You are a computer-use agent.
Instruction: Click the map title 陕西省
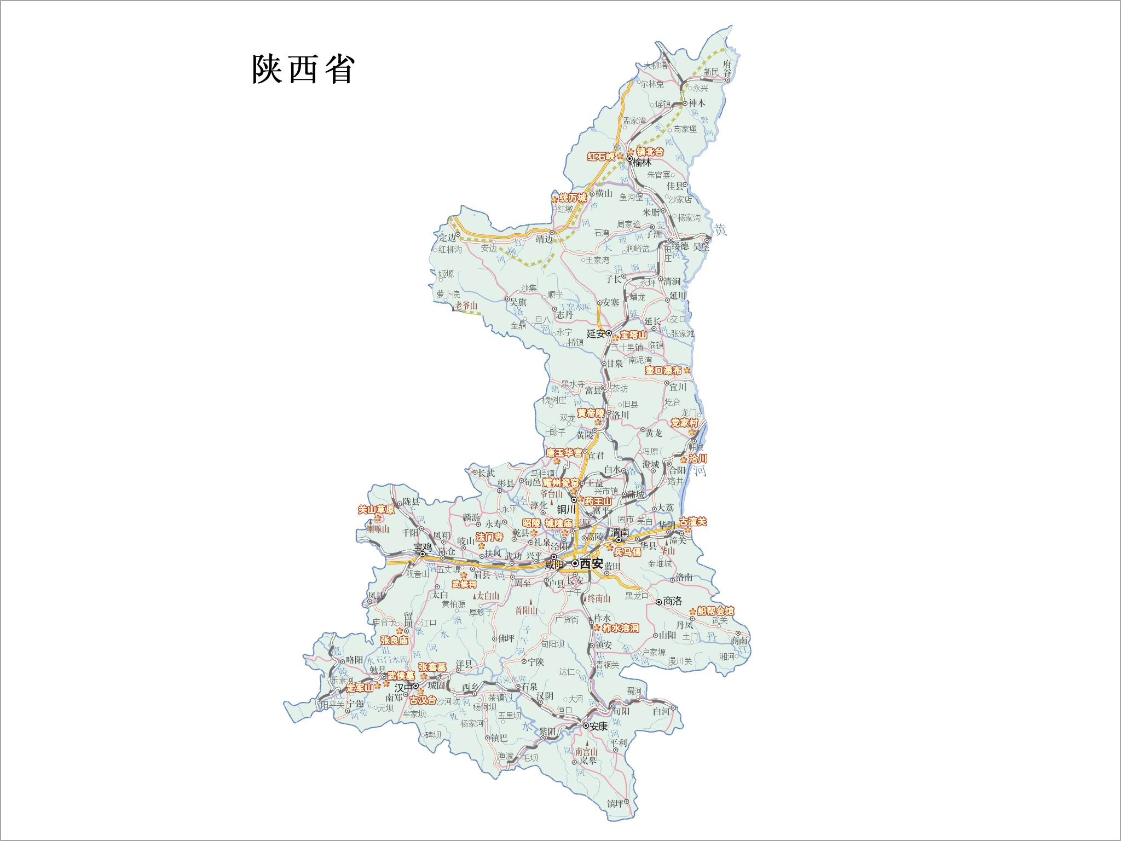[x=303, y=69]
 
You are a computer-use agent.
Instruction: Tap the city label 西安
[x=591, y=563]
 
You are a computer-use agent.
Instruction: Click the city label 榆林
[x=643, y=162]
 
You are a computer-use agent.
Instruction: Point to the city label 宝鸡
[x=423, y=547]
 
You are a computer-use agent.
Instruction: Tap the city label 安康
[x=599, y=726]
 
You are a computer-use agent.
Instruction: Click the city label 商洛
[x=672, y=601]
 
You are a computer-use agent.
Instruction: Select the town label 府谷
[x=727, y=68]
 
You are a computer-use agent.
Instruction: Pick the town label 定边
[x=448, y=238]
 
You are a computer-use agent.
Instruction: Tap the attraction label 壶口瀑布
[x=663, y=371]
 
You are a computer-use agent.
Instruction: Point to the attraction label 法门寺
[x=489, y=537]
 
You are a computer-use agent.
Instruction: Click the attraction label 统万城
[x=573, y=198]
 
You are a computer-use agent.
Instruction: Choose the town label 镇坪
[x=615, y=804]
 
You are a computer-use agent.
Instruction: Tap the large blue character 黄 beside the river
[x=720, y=230]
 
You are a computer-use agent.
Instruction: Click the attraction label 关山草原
[x=375, y=509]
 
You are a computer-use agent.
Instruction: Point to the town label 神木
[x=697, y=103]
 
